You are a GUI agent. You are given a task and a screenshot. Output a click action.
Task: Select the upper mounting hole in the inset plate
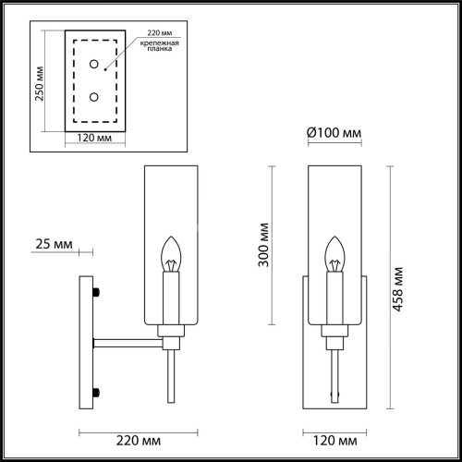(x=93, y=63)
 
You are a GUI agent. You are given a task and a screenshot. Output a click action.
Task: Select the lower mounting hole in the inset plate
(x=93, y=96)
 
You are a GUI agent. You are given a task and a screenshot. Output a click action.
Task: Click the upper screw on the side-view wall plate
(x=95, y=294)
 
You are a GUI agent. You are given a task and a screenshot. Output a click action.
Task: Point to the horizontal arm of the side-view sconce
(x=129, y=344)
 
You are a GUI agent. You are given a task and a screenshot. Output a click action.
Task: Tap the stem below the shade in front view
(x=334, y=370)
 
